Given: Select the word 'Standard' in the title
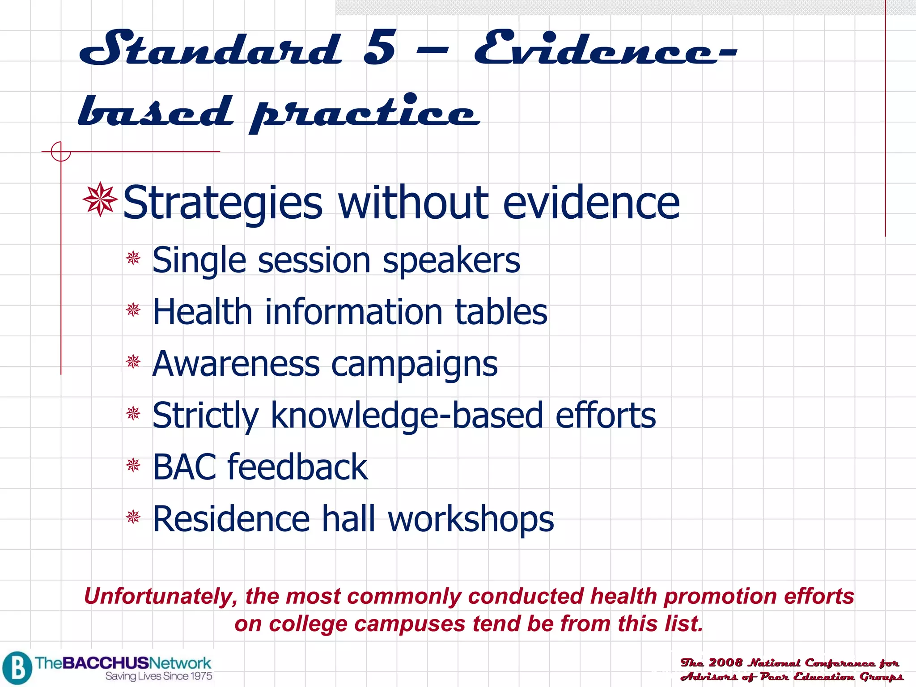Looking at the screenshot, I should point(210,48).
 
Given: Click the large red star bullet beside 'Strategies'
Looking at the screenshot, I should point(100,199).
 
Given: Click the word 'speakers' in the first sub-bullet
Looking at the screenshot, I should point(451,260).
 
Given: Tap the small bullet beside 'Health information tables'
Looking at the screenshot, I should point(133,310).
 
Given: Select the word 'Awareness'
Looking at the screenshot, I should point(236,364).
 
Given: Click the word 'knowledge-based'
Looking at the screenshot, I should point(407,416).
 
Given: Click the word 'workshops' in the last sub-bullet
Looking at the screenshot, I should point(471,519).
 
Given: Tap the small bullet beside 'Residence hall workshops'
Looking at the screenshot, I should point(133,517).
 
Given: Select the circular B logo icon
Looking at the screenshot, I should point(17,668).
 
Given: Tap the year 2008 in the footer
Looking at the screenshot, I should point(725,662).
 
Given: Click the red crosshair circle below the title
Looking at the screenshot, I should point(61,152).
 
